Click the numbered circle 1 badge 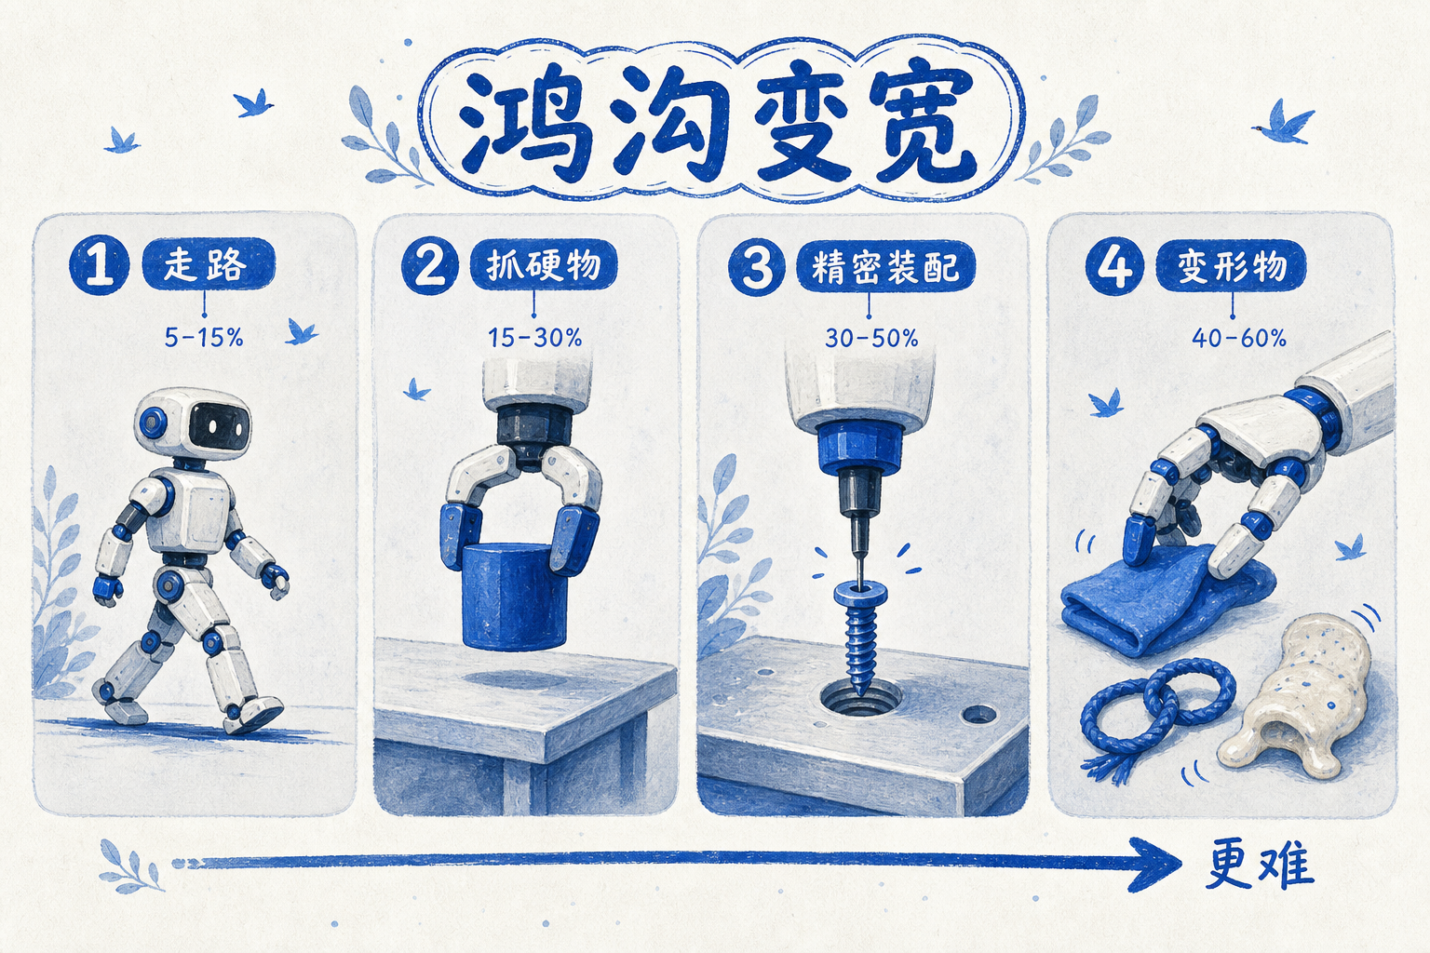pos(99,265)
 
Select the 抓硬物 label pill pos(544,265)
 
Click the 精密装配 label pos(886,266)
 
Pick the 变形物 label pos(1232,265)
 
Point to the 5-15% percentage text pos(204,337)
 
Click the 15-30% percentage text pos(534,337)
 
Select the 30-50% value pos(871,338)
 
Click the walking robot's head pos(194,423)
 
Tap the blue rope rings pos(1155,708)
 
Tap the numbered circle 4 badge pos(1114,265)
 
